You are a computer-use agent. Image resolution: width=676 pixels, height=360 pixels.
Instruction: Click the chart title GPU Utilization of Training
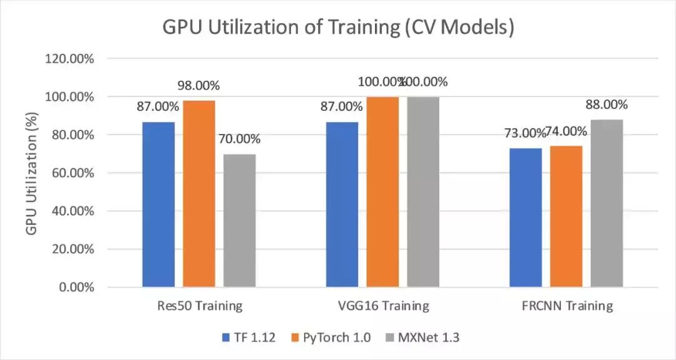(338, 28)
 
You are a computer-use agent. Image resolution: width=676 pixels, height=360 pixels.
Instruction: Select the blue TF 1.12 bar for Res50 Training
(158, 204)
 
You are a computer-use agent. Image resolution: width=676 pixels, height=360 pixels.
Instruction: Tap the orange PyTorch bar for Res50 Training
(199, 193)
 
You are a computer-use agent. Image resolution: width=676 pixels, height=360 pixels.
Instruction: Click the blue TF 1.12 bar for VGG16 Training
(342, 204)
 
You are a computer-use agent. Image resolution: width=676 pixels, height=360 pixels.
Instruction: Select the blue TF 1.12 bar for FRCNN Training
(525, 217)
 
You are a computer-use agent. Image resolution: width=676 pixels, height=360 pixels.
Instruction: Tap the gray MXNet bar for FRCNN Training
(607, 203)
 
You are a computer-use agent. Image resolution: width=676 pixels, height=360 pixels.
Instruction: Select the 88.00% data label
(607, 105)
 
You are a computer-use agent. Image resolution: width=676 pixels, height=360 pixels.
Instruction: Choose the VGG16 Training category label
(382, 306)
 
